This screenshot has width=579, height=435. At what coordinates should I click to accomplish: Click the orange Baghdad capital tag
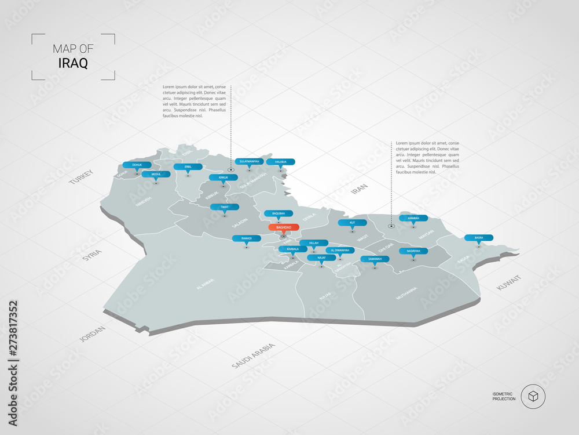tap(284, 227)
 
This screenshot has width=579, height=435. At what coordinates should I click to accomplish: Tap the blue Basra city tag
tap(479, 237)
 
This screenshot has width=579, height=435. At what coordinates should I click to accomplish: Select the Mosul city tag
tap(156, 174)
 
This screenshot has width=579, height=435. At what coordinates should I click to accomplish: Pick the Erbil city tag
tap(188, 166)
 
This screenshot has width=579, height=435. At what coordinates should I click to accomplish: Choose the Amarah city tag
tap(413, 219)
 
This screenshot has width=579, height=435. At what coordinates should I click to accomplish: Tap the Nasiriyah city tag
tap(413, 251)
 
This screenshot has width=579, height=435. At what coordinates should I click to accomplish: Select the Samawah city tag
tap(375, 259)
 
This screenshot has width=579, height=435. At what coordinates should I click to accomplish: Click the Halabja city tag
tap(281, 162)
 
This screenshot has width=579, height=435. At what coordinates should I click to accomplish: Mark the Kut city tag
tap(351, 223)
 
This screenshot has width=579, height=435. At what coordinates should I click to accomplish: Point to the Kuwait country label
tap(508, 284)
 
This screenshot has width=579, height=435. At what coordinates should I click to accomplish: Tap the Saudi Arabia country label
tap(253, 356)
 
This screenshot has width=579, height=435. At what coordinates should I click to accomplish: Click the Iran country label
tap(360, 191)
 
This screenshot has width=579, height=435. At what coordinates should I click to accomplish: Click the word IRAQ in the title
tap(74, 63)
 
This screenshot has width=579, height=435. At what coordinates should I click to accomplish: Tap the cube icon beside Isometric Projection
tap(533, 397)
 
